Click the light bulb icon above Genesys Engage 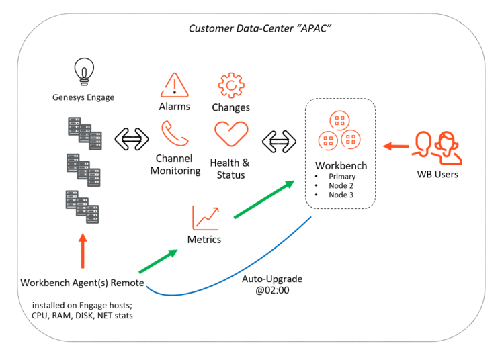point(84,71)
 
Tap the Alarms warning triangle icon point(175,85)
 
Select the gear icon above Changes point(231,85)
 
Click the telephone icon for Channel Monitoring point(175,133)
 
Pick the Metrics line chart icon point(206,218)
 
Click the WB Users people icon point(437,148)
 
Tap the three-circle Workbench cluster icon point(339,130)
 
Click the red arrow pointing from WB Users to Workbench point(396,146)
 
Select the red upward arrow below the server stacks point(83,251)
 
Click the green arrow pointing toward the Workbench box point(264,199)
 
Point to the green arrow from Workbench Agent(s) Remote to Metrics point(158,261)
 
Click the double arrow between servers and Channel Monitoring point(132,139)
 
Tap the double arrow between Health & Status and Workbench point(279,141)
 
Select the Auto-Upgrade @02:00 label point(272,285)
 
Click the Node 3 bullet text point(341,195)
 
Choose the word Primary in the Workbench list point(342,177)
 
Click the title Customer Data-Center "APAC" point(259,28)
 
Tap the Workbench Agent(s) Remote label point(82,283)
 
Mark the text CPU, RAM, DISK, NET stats point(82,316)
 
